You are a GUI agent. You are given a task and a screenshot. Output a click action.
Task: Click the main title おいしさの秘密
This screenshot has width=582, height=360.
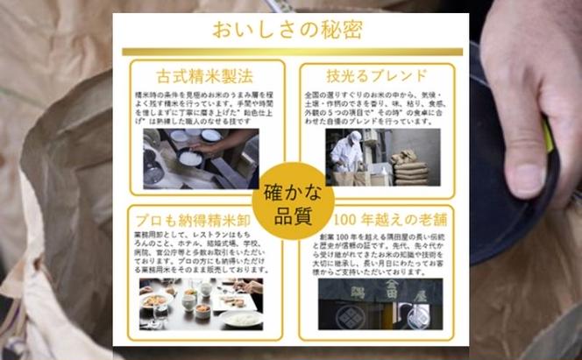pos(292,30)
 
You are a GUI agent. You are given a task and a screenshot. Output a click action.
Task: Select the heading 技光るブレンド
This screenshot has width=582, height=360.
pos(378,75)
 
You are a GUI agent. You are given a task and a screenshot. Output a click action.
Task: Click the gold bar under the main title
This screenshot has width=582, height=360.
pos(292,52)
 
